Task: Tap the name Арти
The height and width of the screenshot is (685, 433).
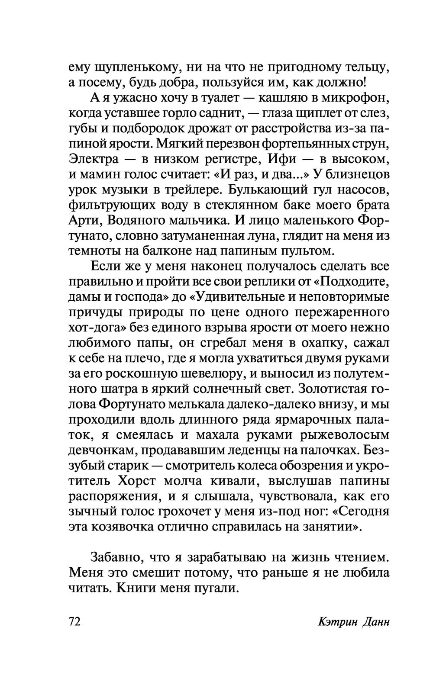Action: pyautogui.click(x=84, y=221)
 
